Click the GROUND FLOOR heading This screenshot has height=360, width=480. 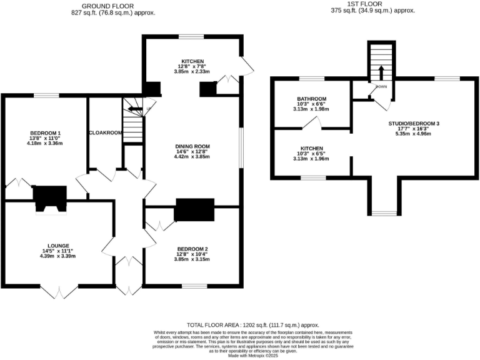click(113, 6)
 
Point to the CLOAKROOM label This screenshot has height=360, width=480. click(104, 132)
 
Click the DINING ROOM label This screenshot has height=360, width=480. click(192, 146)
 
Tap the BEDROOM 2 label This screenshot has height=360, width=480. click(192, 249)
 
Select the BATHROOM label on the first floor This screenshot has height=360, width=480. click(311, 99)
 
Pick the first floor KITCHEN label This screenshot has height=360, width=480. click(311, 148)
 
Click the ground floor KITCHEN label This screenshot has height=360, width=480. click(192, 61)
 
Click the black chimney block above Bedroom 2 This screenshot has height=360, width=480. click(194, 210)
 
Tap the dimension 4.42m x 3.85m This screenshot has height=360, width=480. click(192, 157)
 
